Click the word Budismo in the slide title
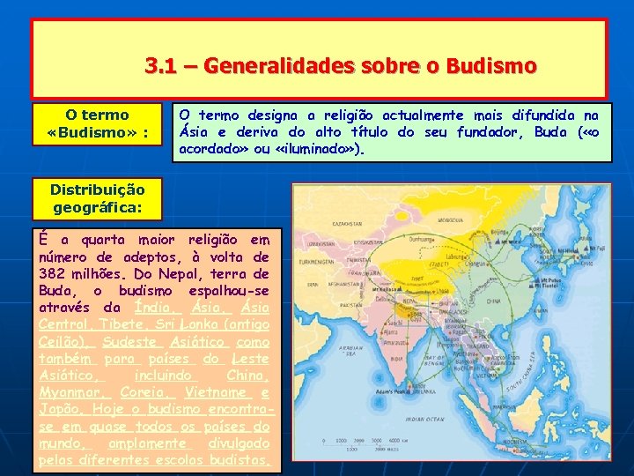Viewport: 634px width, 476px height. coord(491,66)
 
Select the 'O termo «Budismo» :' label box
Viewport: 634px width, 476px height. coord(97,124)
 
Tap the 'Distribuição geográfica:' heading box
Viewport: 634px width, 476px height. coord(97,198)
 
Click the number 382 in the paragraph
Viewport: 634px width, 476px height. coord(54,273)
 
